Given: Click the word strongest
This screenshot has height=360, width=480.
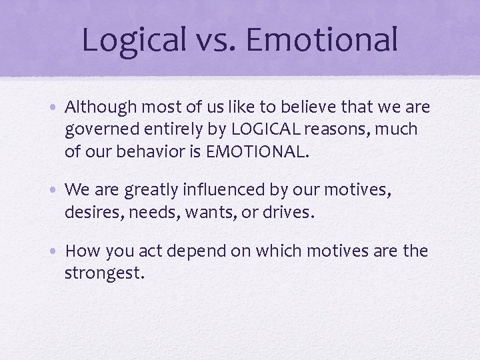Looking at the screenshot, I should click(x=103, y=273).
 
